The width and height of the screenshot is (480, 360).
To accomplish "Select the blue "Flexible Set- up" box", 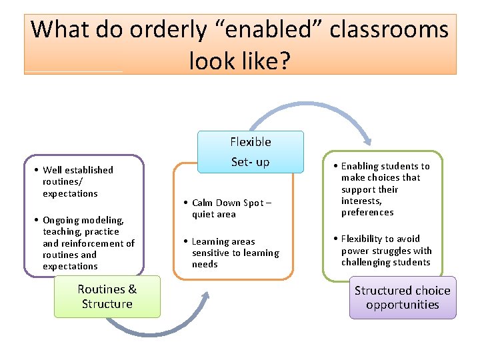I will click(251, 152).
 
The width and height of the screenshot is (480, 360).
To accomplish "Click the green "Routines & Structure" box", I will click(107, 297).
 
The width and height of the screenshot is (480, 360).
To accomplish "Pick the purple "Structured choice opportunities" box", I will click(402, 297).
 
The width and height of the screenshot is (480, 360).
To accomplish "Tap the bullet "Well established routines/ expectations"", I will click(77, 181).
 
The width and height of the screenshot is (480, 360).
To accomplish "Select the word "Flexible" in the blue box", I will click(251, 141).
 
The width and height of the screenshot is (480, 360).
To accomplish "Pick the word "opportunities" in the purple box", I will click(402, 305).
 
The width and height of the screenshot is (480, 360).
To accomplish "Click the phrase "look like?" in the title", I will click(239, 61).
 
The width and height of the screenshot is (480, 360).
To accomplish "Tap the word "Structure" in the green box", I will click(107, 304).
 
